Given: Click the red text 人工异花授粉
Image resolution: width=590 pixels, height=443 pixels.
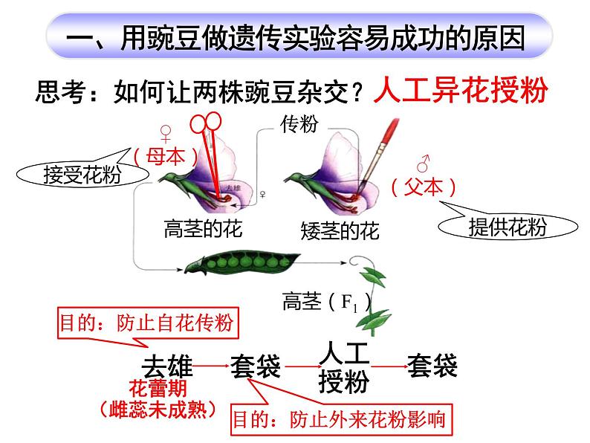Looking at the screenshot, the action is pos(461,91).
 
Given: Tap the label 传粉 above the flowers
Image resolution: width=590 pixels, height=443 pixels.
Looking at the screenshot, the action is pos(299,125).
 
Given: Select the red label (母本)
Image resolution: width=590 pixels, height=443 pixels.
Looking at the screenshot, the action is pos(166,157).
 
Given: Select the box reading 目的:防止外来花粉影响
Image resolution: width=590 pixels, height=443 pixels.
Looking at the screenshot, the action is pos(340,420).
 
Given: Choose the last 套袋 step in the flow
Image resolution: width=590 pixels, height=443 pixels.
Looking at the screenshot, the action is pos(432,365).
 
